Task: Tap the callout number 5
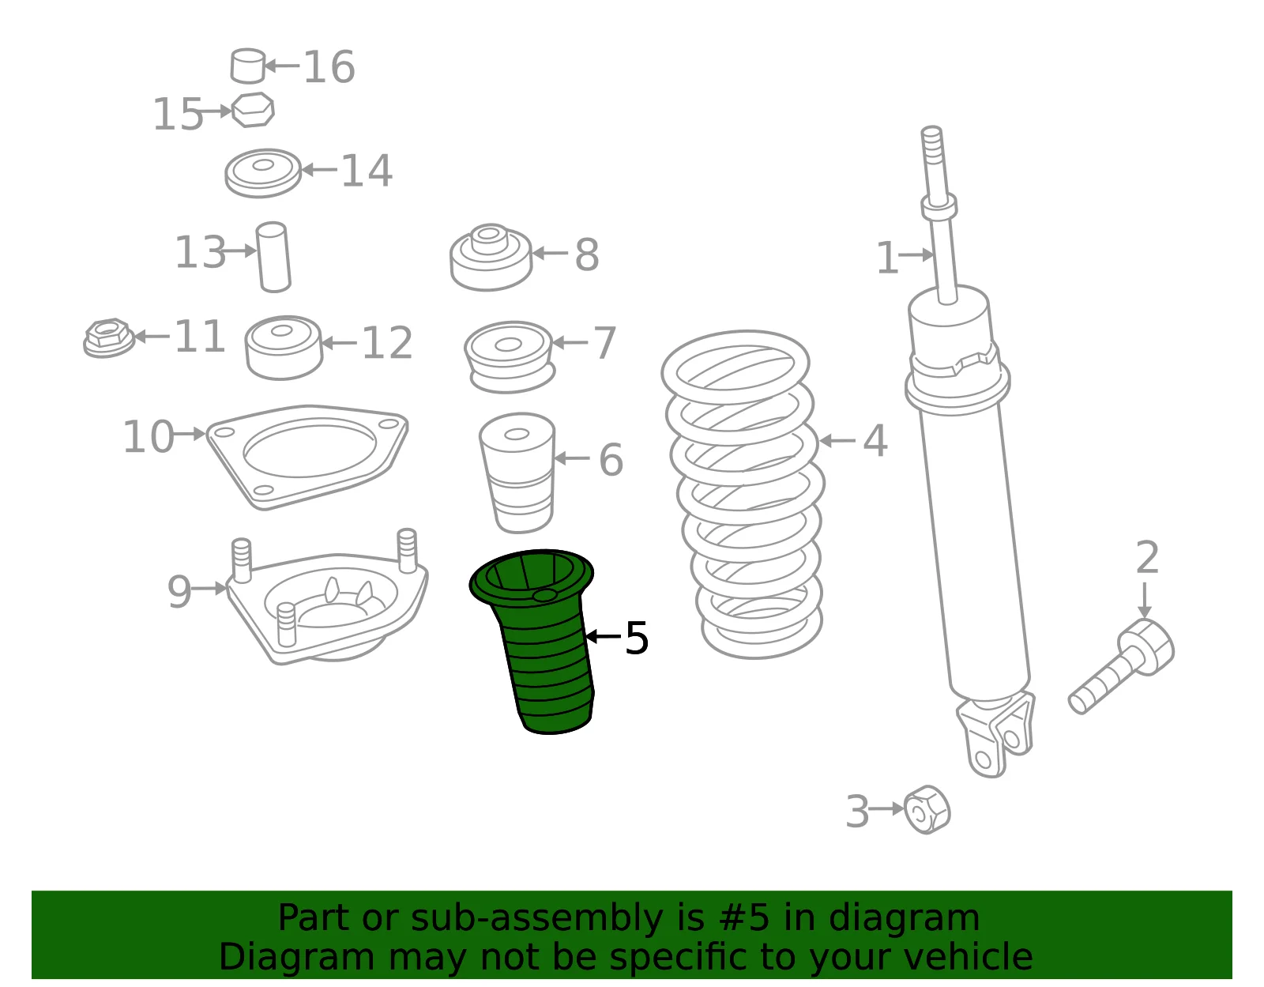[637, 638]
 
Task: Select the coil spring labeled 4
[743, 495]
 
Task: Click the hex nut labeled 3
[927, 810]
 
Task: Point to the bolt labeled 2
[1123, 666]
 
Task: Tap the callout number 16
[329, 67]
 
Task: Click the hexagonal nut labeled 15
[253, 109]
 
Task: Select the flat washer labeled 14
[263, 173]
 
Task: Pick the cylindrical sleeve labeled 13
[273, 257]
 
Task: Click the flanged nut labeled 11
[109, 337]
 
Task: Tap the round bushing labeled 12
[284, 347]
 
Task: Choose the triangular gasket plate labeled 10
[307, 456]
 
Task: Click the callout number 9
[179, 592]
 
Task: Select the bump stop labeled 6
[517, 473]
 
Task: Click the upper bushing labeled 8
[491, 257]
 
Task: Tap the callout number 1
[887, 258]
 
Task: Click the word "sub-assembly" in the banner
[536, 917]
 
